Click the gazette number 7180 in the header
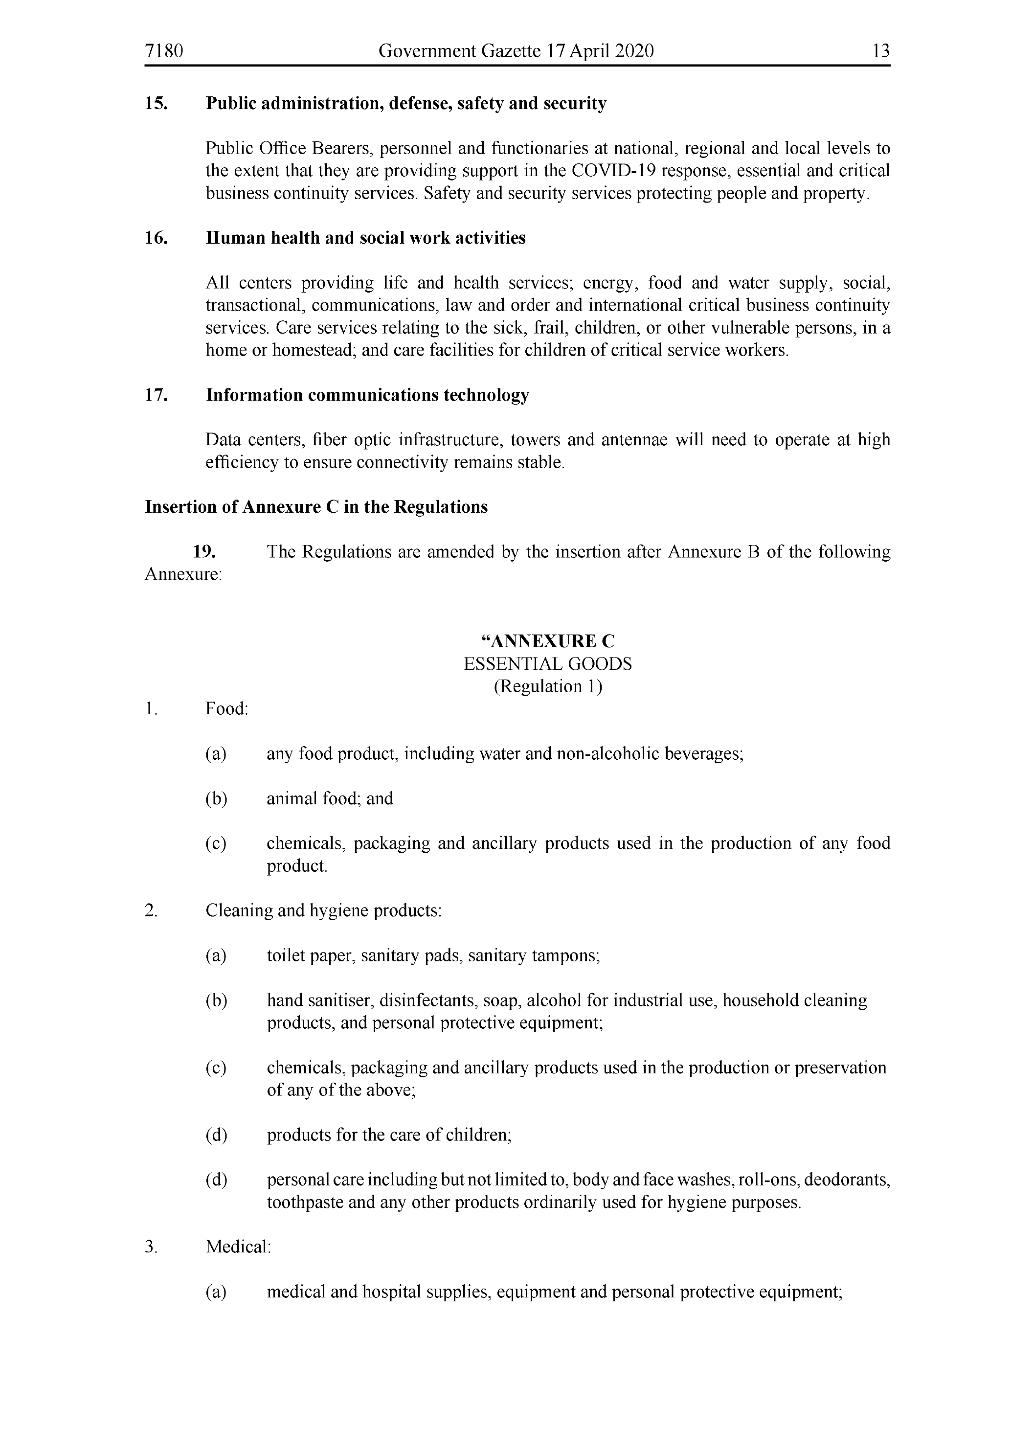tap(164, 50)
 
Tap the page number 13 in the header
tap(881, 50)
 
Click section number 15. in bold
tap(156, 103)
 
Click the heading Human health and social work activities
tap(365, 238)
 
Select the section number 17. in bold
tap(156, 395)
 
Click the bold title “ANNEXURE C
tap(548, 641)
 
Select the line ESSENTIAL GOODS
tap(548, 664)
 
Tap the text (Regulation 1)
tap(548, 686)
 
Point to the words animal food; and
tap(330, 798)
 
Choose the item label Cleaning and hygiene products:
tap(324, 910)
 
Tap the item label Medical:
tap(238, 1247)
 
